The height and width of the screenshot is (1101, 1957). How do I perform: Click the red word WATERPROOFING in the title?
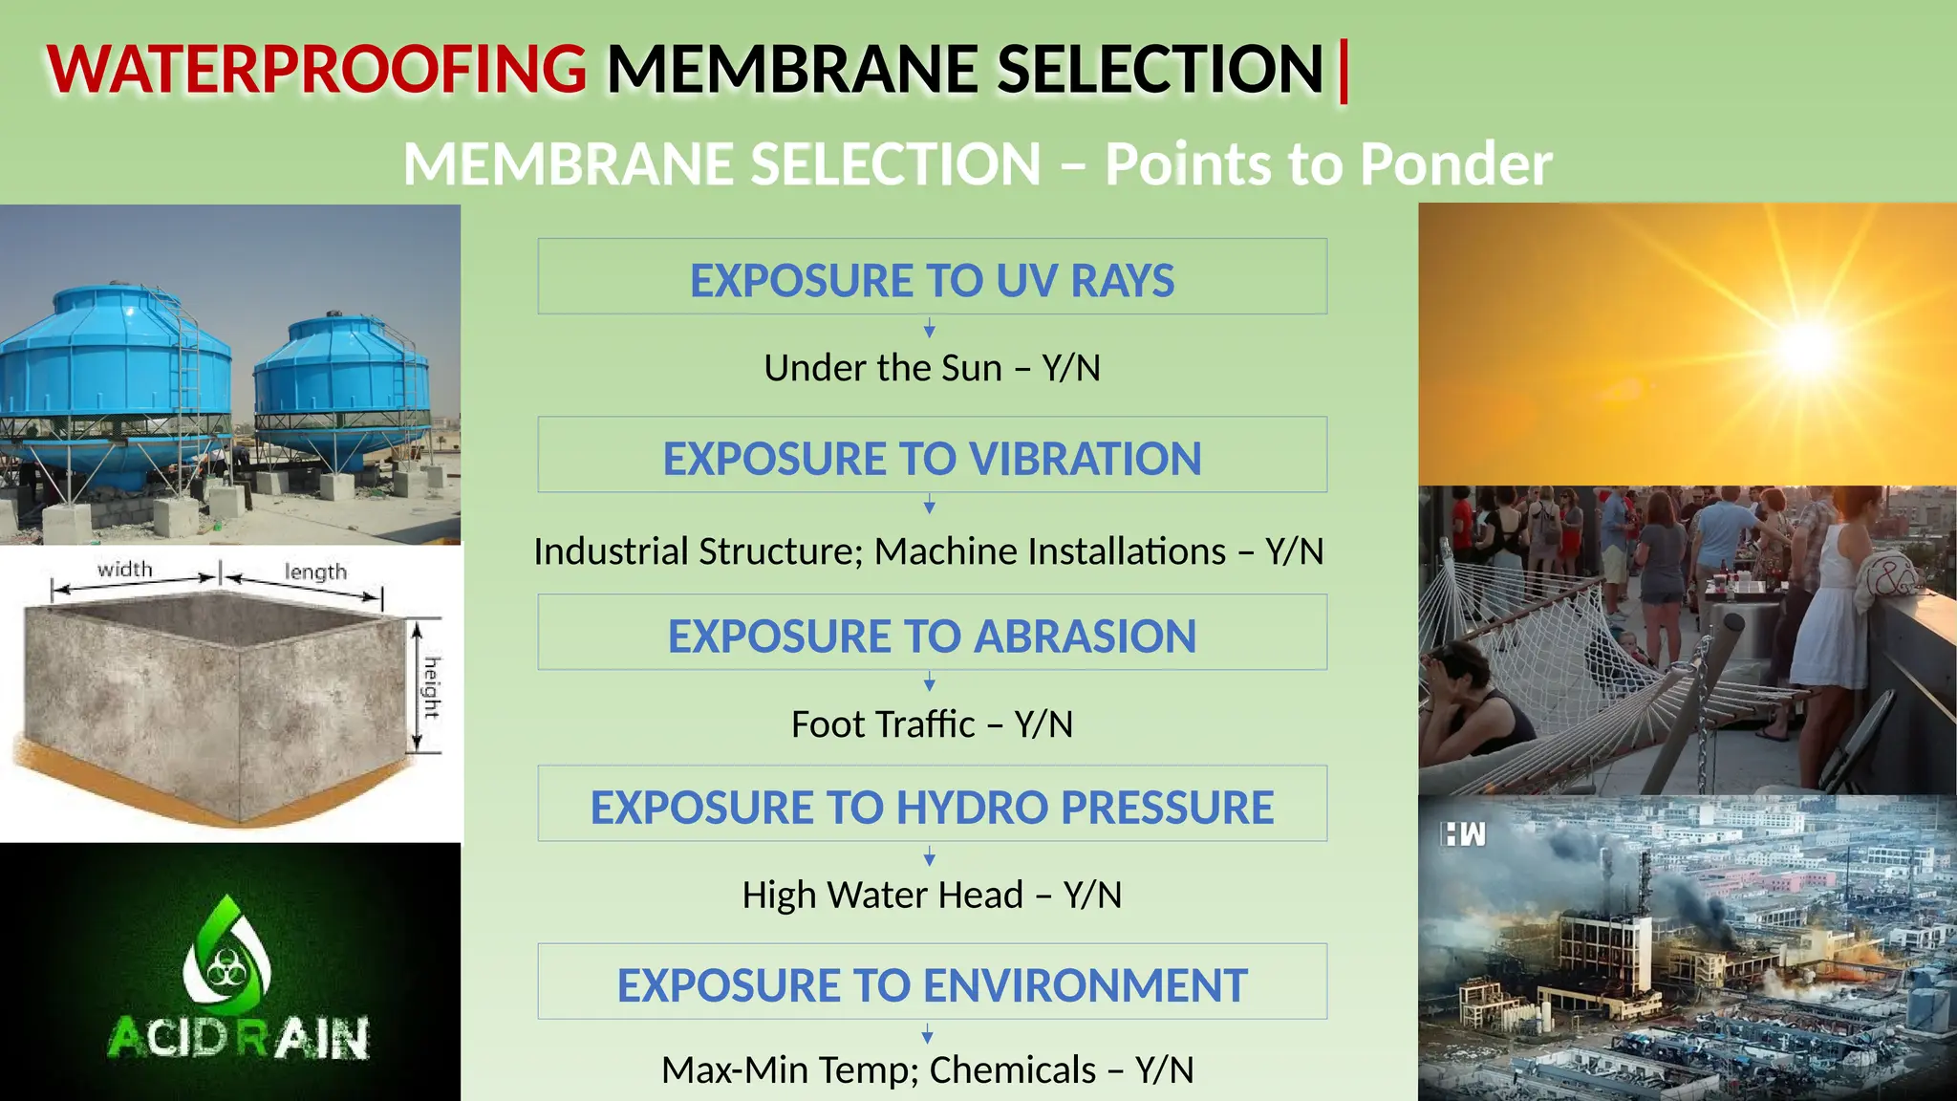316,70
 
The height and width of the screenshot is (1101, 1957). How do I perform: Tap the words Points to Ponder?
1328,164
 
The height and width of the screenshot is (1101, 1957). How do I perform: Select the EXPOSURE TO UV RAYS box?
932,277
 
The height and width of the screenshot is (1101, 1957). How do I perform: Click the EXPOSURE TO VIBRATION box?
932,456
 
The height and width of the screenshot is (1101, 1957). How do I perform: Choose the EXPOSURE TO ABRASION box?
932,634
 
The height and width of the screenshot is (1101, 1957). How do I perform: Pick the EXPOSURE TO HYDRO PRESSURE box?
932,805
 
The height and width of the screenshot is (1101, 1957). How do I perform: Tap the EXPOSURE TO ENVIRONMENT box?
932,982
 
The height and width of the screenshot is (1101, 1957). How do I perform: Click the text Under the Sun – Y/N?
932,368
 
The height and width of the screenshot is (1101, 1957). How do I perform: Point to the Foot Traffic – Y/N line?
932,724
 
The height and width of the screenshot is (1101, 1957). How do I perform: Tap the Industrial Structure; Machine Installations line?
928,551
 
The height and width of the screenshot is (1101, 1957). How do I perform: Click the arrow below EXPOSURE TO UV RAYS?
929,330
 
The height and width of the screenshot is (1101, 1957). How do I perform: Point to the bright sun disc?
1806,346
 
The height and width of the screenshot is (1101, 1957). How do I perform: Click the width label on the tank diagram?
125,570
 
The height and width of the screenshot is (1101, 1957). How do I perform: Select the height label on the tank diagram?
432,687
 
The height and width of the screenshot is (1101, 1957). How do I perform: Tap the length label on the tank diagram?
315,572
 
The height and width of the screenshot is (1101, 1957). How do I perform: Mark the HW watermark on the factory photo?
1464,835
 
